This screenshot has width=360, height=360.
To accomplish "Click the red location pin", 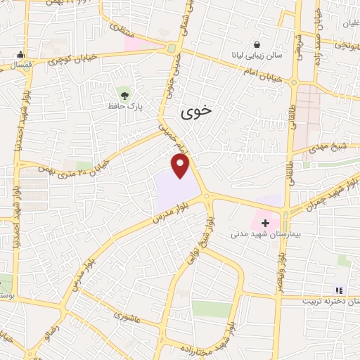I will [181, 165].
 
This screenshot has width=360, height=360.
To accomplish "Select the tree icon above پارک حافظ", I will [125, 93].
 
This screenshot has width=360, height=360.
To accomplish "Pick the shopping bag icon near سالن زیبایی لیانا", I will [257, 43].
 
